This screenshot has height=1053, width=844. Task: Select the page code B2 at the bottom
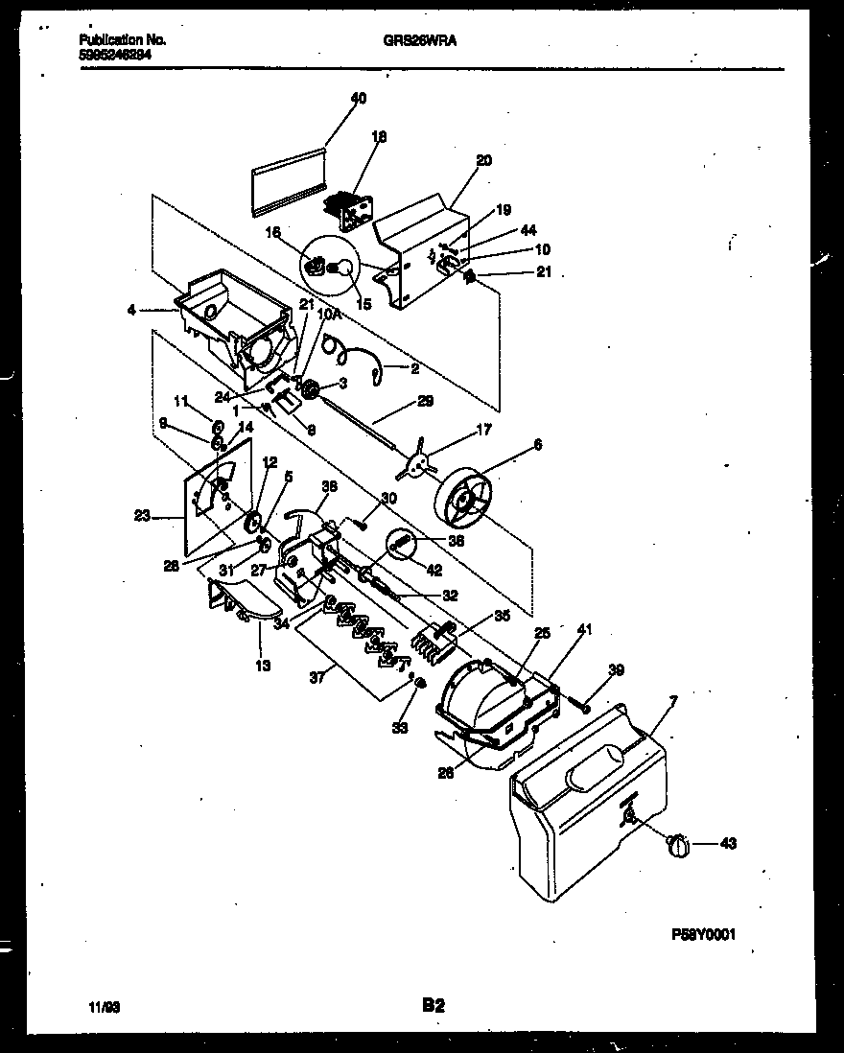coord(433,1006)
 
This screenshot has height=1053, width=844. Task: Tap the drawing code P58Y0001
coord(703,934)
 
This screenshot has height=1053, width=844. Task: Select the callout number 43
coord(729,844)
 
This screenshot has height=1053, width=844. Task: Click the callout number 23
coord(143,516)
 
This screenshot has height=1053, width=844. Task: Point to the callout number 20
coord(483,160)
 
